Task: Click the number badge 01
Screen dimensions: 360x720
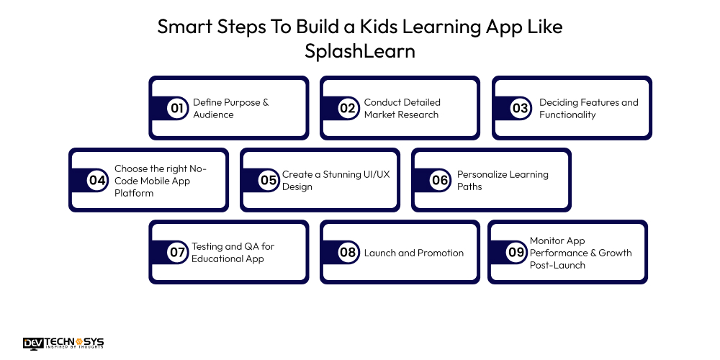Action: [x=176, y=109]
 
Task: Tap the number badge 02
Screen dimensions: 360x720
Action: [x=348, y=109]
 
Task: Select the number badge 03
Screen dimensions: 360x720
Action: [x=520, y=109]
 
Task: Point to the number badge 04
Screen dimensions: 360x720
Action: [x=97, y=181]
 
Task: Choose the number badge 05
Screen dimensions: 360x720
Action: [x=269, y=181]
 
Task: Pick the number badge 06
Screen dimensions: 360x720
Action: [x=440, y=181]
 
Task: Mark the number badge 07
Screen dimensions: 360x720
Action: [x=176, y=253]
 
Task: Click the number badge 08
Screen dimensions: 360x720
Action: [x=348, y=253]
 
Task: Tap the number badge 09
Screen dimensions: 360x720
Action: [x=516, y=253]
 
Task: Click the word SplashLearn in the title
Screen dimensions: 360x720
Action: [x=360, y=53]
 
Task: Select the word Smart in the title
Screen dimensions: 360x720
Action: [x=182, y=27]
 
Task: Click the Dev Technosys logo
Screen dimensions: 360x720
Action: [x=63, y=343]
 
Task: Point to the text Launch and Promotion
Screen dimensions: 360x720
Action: [x=414, y=253]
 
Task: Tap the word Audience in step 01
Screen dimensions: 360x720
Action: [x=213, y=114]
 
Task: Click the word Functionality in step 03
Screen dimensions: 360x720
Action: [x=567, y=114]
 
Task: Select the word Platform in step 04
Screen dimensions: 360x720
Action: [x=134, y=193]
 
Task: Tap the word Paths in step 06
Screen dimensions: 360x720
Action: [x=469, y=186]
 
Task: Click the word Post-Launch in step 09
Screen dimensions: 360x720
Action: [x=557, y=265]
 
